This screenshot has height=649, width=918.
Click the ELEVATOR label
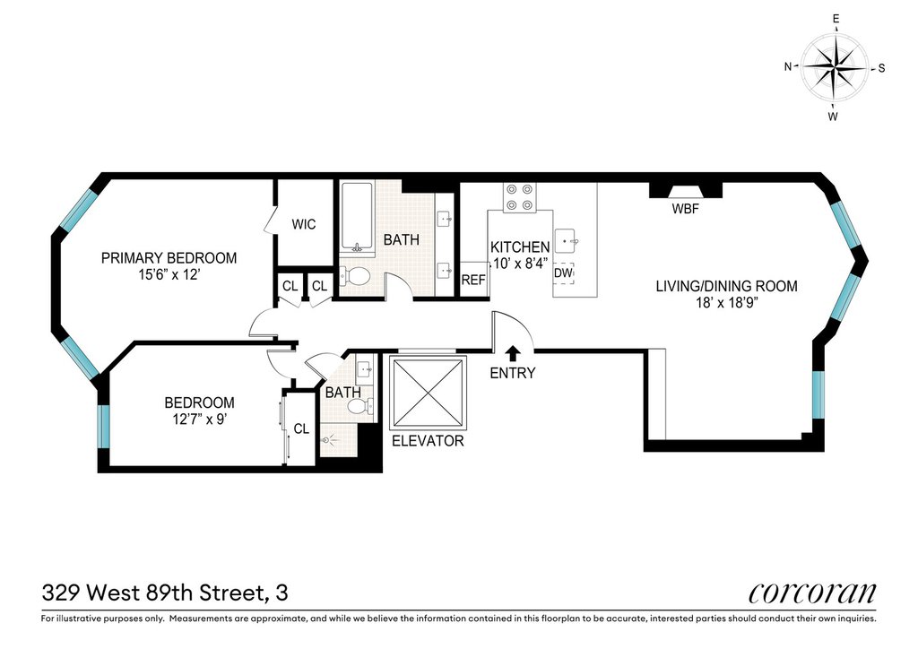428,441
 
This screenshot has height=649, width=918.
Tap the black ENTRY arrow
513,352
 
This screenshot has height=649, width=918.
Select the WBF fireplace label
685,208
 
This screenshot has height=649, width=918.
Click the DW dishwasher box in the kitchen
563,273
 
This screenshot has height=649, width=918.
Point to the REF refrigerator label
473,280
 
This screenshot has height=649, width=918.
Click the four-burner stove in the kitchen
520,196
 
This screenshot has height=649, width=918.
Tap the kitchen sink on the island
567,240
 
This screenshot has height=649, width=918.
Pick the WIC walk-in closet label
304,224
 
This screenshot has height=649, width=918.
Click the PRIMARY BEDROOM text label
169,258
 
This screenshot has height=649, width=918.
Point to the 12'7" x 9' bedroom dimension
199,419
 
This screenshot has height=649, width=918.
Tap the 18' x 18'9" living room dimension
726,303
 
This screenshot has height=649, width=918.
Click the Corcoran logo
812,593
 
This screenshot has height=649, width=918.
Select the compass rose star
835,67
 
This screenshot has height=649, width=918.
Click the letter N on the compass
788,66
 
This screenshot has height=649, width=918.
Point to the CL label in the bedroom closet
301,429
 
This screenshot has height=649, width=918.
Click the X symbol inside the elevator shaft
428,393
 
